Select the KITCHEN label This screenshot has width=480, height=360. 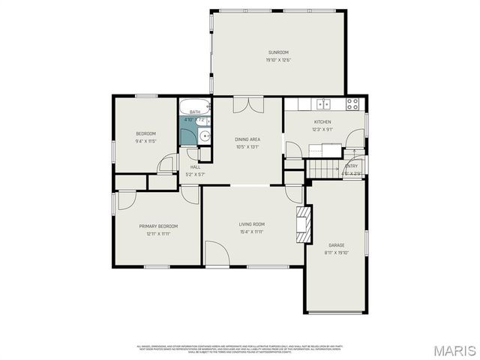pyautogui.click(x=322, y=121)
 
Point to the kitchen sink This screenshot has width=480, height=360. pyautogui.click(x=322, y=103)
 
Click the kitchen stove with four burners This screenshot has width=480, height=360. pyautogui.click(x=353, y=103)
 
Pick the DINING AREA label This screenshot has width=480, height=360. pyautogui.click(x=247, y=139)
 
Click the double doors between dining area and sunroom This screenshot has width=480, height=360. pyautogui.click(x=247, y=105)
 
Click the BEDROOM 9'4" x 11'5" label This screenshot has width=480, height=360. pyautogui.click(x=145, y=133)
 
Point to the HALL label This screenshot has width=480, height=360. pyautogui.click(x=195, y=167)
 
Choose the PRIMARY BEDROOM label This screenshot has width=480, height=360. pyautogui.click(x=157, y=226)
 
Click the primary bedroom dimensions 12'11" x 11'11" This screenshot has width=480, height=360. pyautogui.click(x=157, y=233)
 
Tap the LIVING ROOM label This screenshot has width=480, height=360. pyautogui.click(x=252, y=224)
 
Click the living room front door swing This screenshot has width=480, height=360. pyautogui.click(x=217, y=253)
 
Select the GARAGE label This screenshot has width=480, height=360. pyautogui.click(x=336, y=245)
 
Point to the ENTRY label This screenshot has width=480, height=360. pyautogui.click(x=352, y=166)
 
